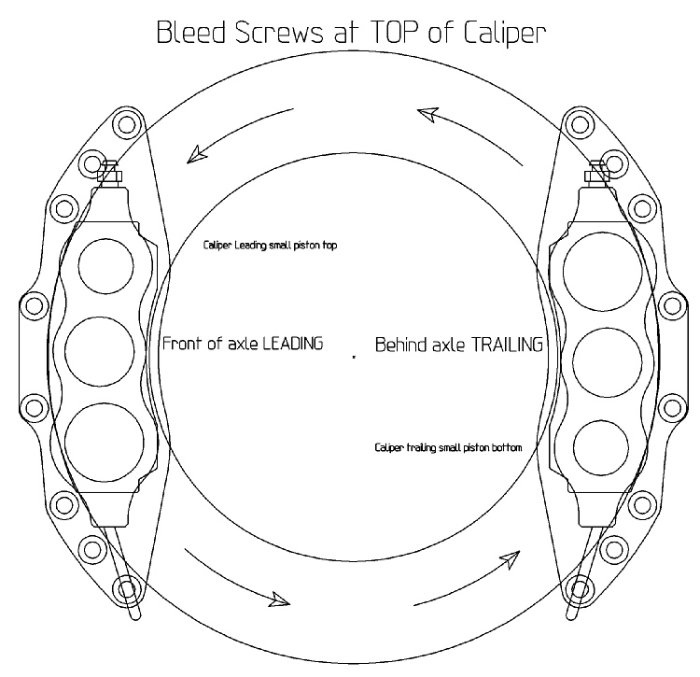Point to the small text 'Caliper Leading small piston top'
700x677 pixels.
pyautogui.click(x=271, y=246)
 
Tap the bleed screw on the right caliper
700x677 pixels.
pyautogui.click(x=597, y=171)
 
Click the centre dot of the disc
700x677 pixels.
pyautogui.click(x=355, y=357)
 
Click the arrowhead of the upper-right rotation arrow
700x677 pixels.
pyautogui.click(x=427, y=114)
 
